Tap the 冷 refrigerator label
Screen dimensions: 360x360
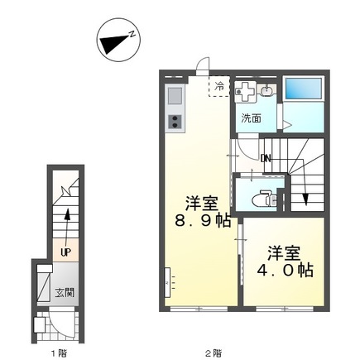click(219, 86)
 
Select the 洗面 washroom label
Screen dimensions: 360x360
click(251, 118)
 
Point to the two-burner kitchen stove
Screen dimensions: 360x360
click(175, 122)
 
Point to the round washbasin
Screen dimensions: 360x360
click(266, 91)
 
